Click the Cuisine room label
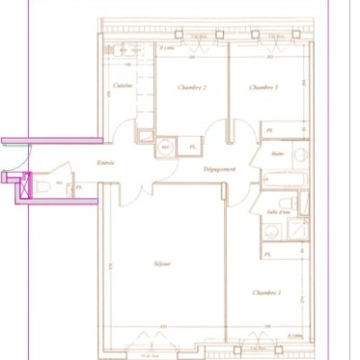(x=123, y=85)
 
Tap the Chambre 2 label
(x=193, y=87)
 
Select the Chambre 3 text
(x=264, y=87)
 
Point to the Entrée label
(x=106, y=163)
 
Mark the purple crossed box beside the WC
(x=20, y=188)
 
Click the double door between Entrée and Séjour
(x=133, y=191)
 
